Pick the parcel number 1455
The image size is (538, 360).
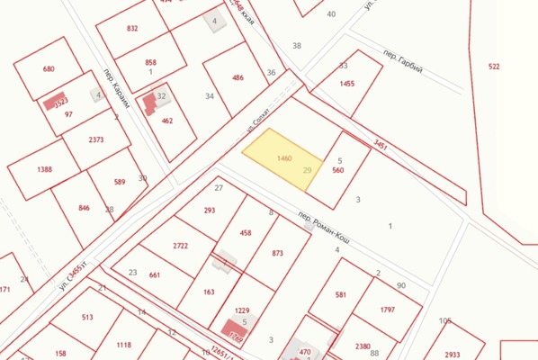(x=347, y=84)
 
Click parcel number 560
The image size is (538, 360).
(x=338, y=169)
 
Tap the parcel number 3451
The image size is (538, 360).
(x=381, y=143)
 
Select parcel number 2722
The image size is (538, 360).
(x=180, y=245)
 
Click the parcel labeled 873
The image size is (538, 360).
(x=276, y=253)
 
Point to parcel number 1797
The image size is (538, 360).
(x=388, y=310)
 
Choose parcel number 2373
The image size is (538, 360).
(x=96, y=139)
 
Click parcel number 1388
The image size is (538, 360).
(x=44, y=169)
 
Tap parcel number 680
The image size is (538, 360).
(x=49, y=68)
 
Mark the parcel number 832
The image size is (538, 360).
(x=132, y=29)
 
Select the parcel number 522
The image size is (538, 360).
(x=494, y=67)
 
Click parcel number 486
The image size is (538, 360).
(x=238, y=77)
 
